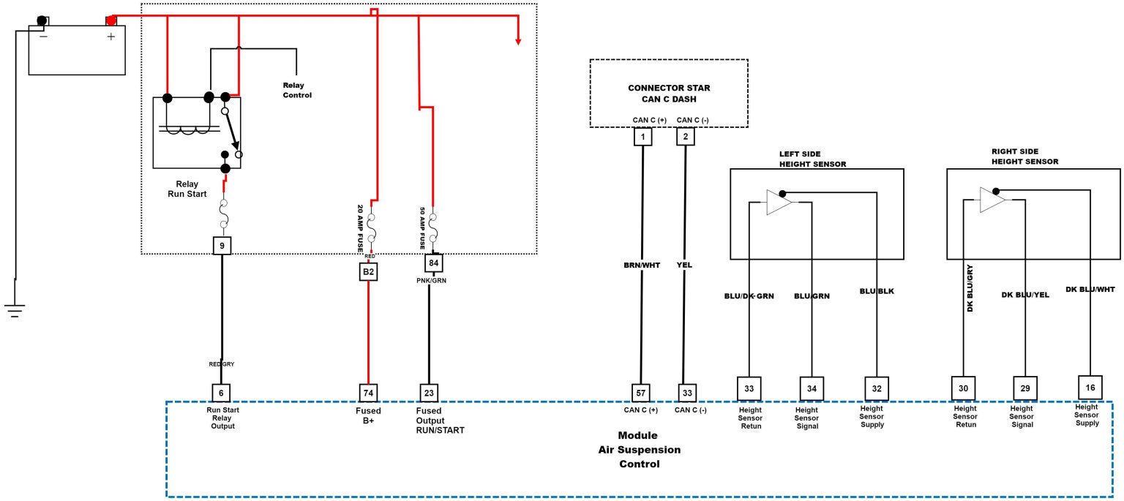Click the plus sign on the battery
[x=111, y=37]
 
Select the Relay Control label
[x=297, y=91]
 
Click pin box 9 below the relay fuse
[x=222, y=246]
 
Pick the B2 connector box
[x=368, y=272]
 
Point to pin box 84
[x=434, y=263]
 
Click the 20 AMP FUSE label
[x=361, y=228]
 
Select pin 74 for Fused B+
[x=368, y=393]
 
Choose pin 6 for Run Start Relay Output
[x=222, y=393]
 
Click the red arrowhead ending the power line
[x=518, y=39]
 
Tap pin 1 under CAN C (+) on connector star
[x=643, y=136]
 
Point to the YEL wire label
[x=684, y=265]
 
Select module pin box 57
[x=642, y=393]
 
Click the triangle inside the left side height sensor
[x=778, y=202]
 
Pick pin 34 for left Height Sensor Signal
[x=812, y=388]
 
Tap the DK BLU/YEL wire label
[x=1025, y=295]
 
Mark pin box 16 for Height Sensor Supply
[x=1090, y=387]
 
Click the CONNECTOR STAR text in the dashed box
[x=669, y=88]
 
